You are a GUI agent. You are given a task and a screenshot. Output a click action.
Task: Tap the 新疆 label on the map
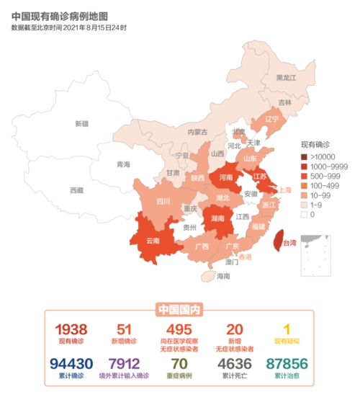[81, 124]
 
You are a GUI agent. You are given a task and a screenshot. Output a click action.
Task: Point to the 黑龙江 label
[287, 78]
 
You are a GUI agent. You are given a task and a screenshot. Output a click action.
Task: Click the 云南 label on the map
[153, 240]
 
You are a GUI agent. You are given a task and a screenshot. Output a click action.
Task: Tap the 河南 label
[226, 177]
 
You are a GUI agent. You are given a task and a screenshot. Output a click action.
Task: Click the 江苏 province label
[260, 176]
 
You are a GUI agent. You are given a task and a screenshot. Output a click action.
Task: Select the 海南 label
[223, 276]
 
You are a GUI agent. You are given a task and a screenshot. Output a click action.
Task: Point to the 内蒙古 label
[197, 133]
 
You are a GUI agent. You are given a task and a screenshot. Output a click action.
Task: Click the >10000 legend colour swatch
[304, 156]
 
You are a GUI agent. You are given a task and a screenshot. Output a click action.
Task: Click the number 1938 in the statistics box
[71, 329]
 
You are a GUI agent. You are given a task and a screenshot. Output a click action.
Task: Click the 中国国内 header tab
[179, 310]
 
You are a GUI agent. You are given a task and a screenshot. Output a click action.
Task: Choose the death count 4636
[234, 363]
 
